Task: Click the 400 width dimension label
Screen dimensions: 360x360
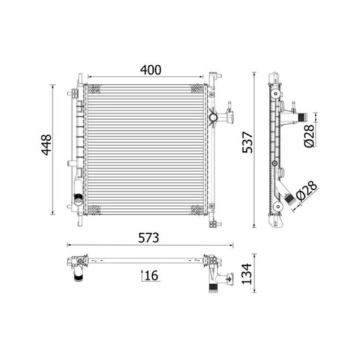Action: [151, 70]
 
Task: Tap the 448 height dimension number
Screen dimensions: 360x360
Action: [46, 145]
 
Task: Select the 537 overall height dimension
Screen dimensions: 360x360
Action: [247, 142]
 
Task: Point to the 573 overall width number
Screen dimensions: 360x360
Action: [149, 238]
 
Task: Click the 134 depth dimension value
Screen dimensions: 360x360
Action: [247, 274]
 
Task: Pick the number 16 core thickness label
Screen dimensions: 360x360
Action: [152, 276]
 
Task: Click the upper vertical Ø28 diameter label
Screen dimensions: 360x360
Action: [309, 135]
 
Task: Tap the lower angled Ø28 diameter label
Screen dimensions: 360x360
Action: [307, 190]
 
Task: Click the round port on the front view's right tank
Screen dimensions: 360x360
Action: [213, 117]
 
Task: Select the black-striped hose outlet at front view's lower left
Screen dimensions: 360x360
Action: [79, 199]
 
